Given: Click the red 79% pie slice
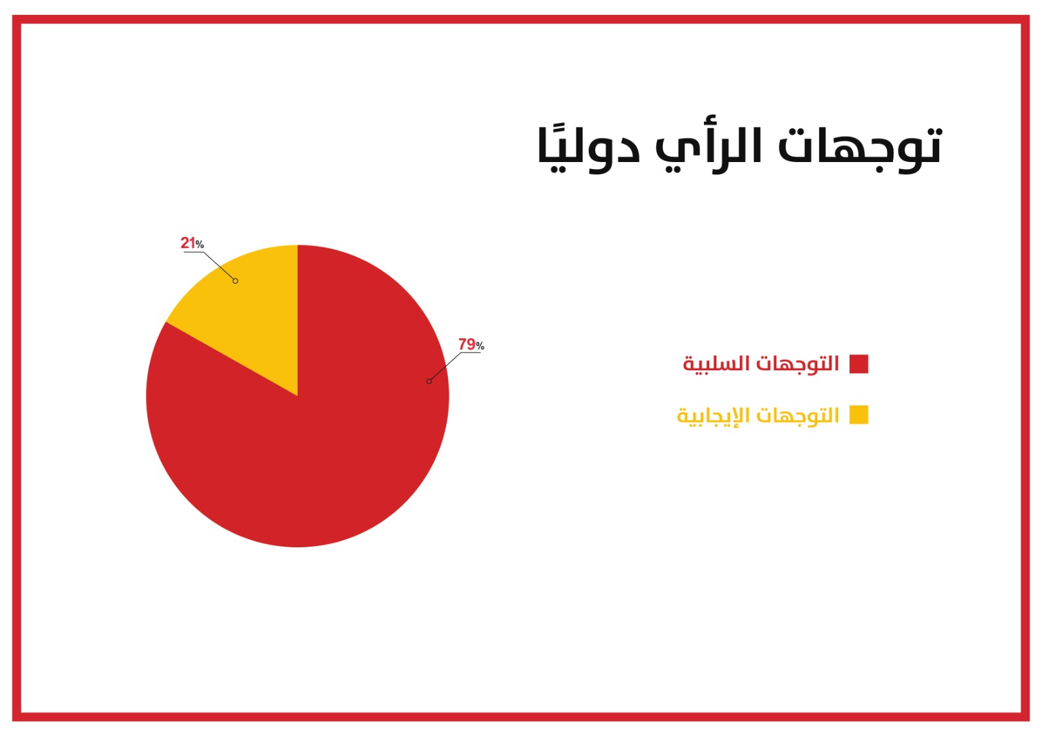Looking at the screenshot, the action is (x=326, y=442).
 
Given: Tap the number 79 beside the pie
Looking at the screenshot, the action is (x=466, y=344).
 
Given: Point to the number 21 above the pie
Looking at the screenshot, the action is (x=188, y=243).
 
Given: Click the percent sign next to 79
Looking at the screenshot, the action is (x=480, y=346).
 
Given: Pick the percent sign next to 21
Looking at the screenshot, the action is (x=199, y=244).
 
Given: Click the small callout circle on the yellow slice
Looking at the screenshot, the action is (x=235, y=281).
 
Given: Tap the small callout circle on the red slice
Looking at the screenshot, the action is (x=429, y=381).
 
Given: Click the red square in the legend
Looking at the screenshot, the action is (x=859, y=364).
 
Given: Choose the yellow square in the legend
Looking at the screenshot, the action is (x=859, y=415).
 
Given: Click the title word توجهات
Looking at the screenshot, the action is (x=860, y=148).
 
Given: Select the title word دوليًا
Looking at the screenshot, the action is (x=589, y=148).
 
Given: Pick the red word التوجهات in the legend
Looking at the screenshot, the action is (x=797, y=364).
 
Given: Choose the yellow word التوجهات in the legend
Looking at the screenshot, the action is (x=797, y=415).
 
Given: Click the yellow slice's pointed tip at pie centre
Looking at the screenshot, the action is (x=297, y=396).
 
